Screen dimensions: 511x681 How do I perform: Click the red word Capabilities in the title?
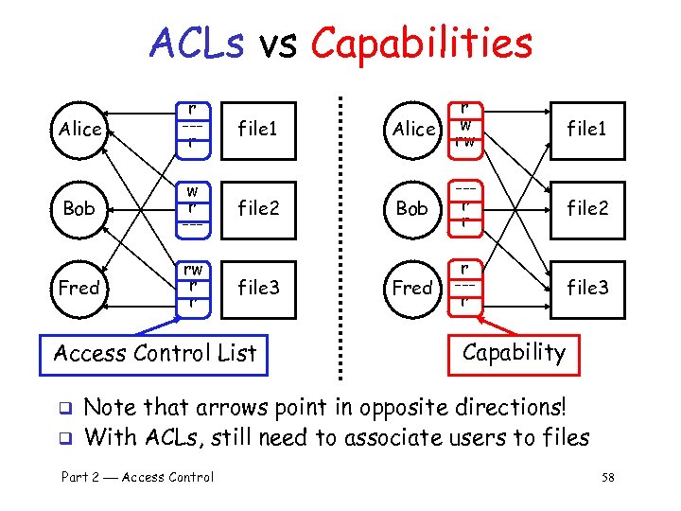click(421, 44)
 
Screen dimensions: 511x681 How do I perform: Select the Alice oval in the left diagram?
click(79, 129)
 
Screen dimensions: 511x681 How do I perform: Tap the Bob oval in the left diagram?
click(79, 207)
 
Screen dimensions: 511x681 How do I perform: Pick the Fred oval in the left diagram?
click(79, 287)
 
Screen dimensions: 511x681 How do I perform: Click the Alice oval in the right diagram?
click(413, 129)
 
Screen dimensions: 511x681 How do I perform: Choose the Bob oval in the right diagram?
click(412, 207)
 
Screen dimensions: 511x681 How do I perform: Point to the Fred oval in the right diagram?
click(412, 287)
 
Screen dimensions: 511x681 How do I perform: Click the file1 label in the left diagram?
click(258, 129)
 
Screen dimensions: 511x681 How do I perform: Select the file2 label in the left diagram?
click(258, 207)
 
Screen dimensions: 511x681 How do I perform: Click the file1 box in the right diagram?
click(586, 129)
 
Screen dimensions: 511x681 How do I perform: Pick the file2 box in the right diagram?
click(586, 207)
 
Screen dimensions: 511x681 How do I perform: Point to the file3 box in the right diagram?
click(586, 287)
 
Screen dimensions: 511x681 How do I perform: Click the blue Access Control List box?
click(155, 354)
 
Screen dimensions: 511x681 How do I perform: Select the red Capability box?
click(514, 353)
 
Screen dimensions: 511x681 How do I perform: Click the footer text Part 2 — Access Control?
click(137, 478)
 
